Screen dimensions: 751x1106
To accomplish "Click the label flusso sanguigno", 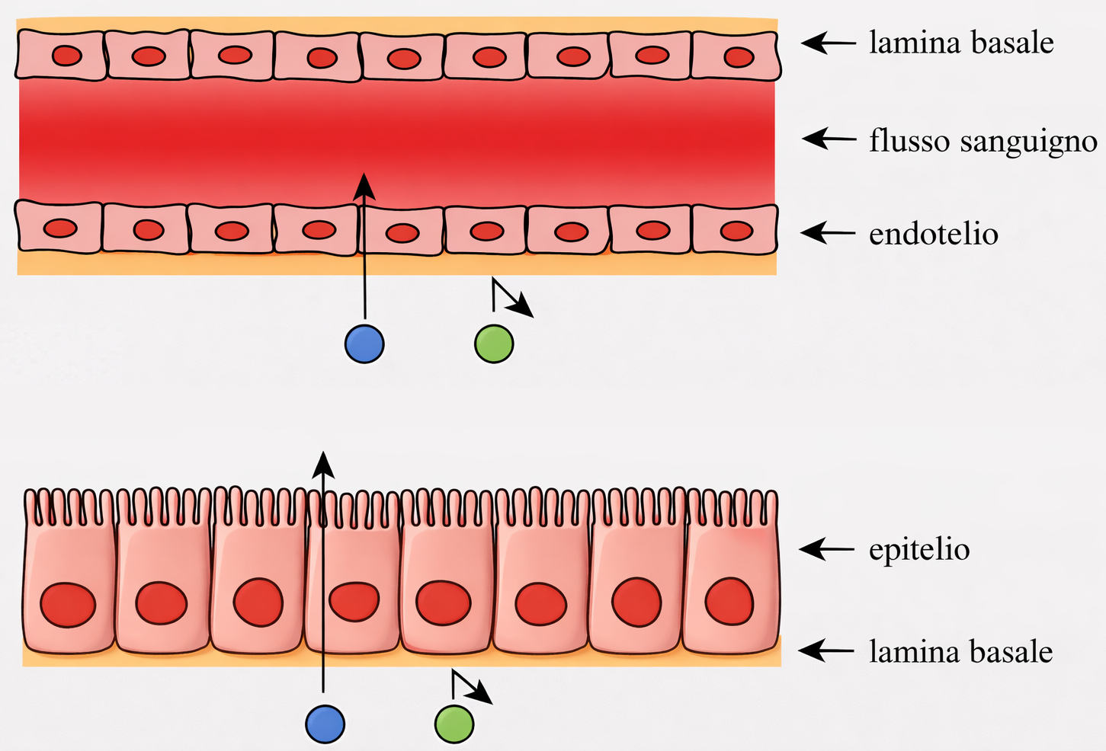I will coord(983,141).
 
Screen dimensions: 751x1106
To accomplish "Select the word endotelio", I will coord(933,234).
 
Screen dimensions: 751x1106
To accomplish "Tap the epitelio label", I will coord(919,549).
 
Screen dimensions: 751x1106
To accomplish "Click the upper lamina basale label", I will coord(961,43).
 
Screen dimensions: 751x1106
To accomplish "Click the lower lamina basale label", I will coord(960,652).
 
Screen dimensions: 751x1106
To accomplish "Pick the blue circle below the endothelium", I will coord(364,344).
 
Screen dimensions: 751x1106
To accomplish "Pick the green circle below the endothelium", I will coord(494,344).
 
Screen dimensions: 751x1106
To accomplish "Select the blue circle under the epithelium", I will coord(325,723).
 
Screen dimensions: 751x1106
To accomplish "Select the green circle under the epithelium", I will coord(454,723).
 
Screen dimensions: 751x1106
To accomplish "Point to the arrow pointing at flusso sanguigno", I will coord(829,139).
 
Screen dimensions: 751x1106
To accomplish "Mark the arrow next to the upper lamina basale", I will coord(829,43).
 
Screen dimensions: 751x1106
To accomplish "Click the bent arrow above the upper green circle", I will coord(511,299).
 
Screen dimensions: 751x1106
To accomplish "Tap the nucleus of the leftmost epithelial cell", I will coord(68,605).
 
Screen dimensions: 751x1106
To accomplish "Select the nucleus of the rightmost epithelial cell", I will coord(729,601).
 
